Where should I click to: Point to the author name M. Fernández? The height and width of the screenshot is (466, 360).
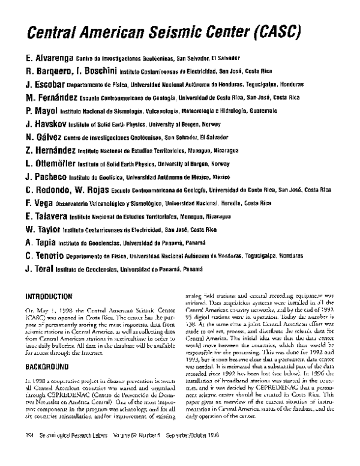(x=52, y=98)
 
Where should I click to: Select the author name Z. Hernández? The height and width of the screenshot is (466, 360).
(x=52, y=151)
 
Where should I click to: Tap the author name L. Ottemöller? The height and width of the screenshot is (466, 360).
(x=53, y=163)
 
